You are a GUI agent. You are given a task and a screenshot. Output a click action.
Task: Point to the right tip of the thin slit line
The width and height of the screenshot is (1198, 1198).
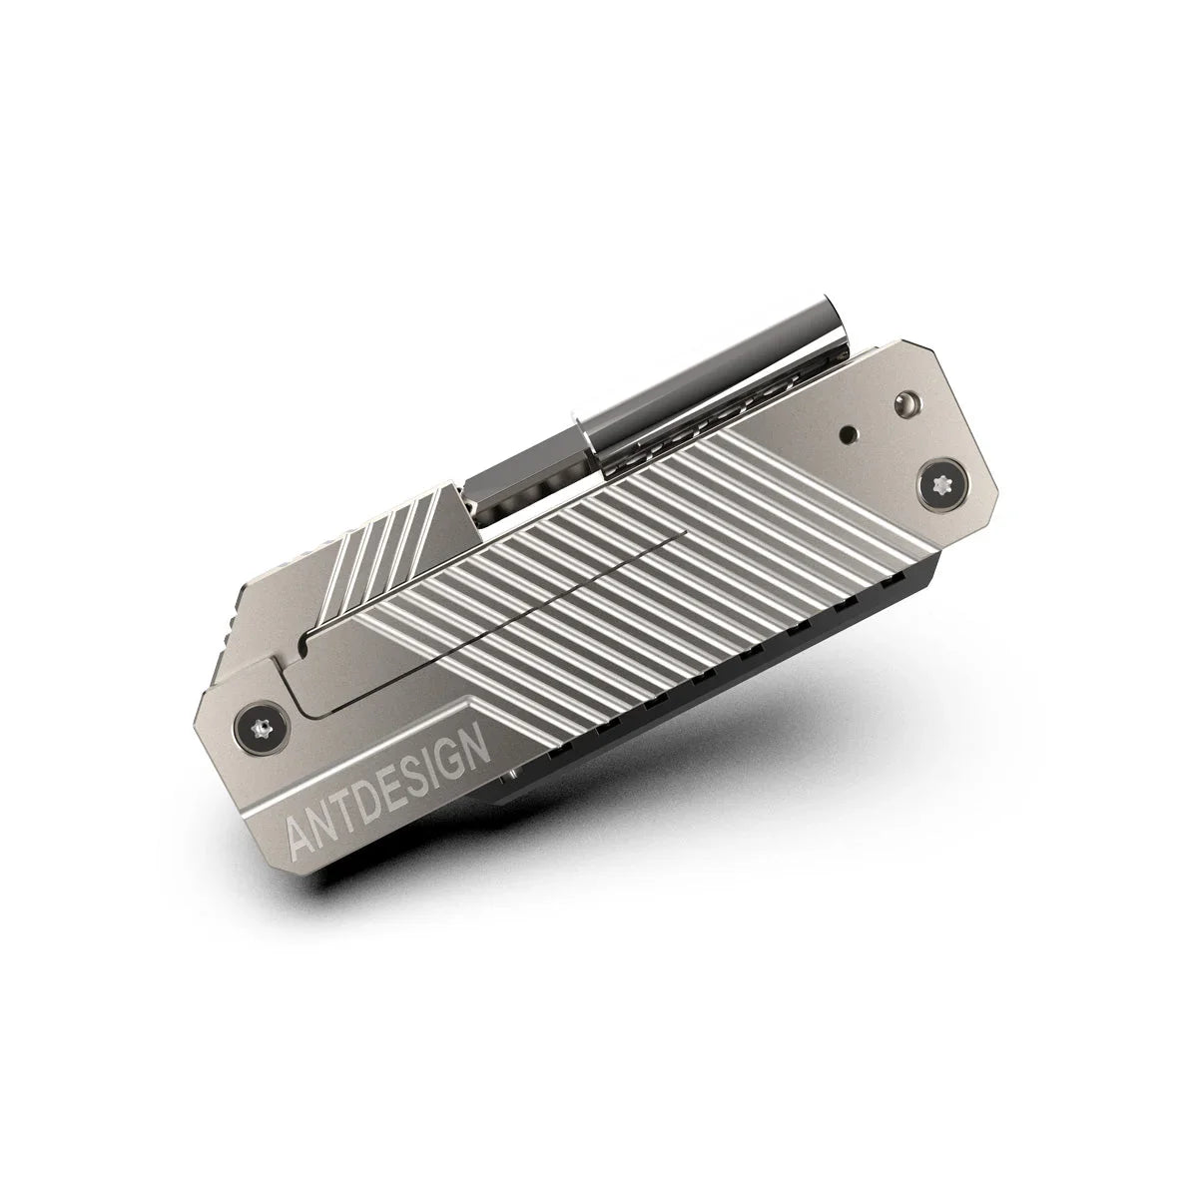685,537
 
